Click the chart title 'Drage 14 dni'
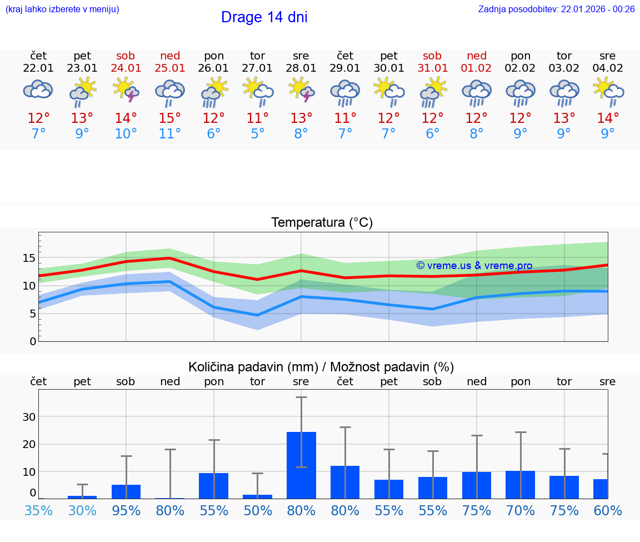click(264, 17)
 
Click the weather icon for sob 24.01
click(126, 89)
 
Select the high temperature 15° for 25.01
click(169, 118)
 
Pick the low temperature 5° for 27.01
click(257, 133)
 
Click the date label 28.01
click(301, 68)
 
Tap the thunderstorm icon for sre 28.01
click(301, 89)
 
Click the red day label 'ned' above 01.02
click(476, 56)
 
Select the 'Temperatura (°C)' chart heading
click(322, 222)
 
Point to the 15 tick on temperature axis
click(29, 258)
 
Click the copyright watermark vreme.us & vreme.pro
click(474, 266)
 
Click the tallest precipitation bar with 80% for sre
click(301, 465)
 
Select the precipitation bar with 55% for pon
click(213, 485)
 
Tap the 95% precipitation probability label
click(126, 510)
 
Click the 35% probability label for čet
click(38, 510)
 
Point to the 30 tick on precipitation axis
click(29, 417)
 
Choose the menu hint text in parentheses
click(62, 9)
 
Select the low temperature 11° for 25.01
click(169, 133)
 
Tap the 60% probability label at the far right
click(607, 510)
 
